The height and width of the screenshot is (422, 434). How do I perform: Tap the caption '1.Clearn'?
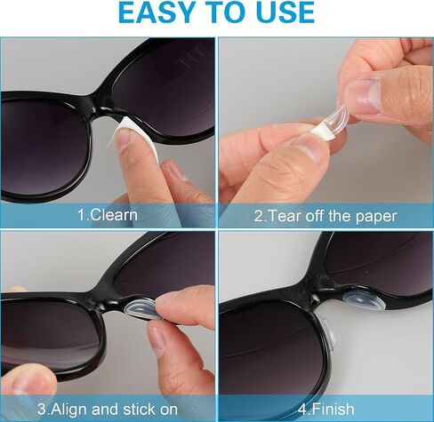coord(108,215)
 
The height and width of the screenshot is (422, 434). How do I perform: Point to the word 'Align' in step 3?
coord(70,410)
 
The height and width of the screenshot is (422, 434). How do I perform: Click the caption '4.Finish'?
coord(325,409)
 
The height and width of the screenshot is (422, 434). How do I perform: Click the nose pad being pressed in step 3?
coord(141,308)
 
